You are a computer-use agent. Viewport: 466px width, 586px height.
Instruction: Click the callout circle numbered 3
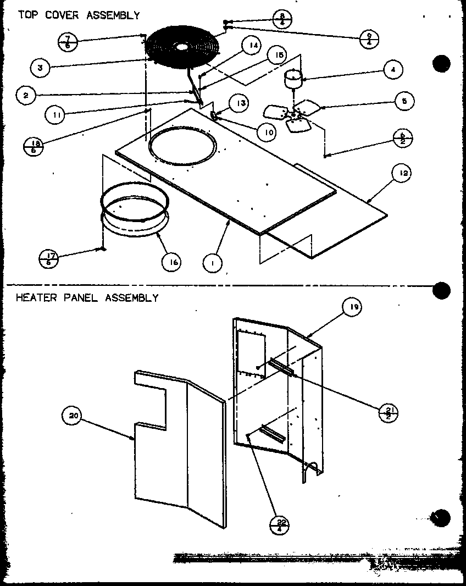pyautogui.click(x=40, y=68)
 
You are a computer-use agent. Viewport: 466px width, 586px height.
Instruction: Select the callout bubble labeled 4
pyautogui.click(x=393, y=70)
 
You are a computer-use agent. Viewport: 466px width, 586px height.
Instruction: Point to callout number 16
pyautogui.click(x=173, y=262)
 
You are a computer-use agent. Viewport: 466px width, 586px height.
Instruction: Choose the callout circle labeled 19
pyautogui.click(x=352, y=307)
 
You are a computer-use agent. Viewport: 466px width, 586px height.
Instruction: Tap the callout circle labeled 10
pyautogui.click(x=265, y=132)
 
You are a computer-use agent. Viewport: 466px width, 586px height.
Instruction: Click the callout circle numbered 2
pyautogui.click(x=26, y=95)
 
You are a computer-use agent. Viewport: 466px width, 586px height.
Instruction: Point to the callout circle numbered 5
pyautogui.click(x=404, y=101)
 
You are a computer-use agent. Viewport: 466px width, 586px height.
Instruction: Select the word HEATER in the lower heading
pyautogui.click(x=34, y=298)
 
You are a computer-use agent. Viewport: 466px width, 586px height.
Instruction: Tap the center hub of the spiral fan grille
pyautogui.click(x=181, y=48)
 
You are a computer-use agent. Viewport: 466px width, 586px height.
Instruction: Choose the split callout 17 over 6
pyautogui.click(x=50, y=258)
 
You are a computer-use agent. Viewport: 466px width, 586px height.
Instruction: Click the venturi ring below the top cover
pyautogui.click(x=134, y=209)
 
